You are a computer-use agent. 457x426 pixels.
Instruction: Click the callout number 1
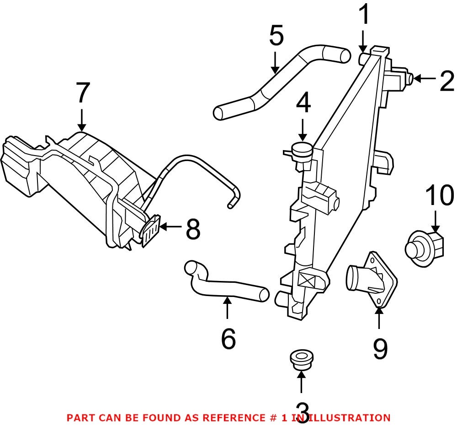(364, 15)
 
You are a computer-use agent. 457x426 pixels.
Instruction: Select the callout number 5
(276, 36)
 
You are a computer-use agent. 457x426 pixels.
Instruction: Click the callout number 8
(193, 228)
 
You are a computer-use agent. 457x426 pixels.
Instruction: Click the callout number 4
(303, 104)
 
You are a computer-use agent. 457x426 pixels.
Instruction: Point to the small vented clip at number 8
(151, 231)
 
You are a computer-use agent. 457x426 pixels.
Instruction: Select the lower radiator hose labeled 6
(224, 286)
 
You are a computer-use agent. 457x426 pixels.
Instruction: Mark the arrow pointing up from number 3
(301, 382)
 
